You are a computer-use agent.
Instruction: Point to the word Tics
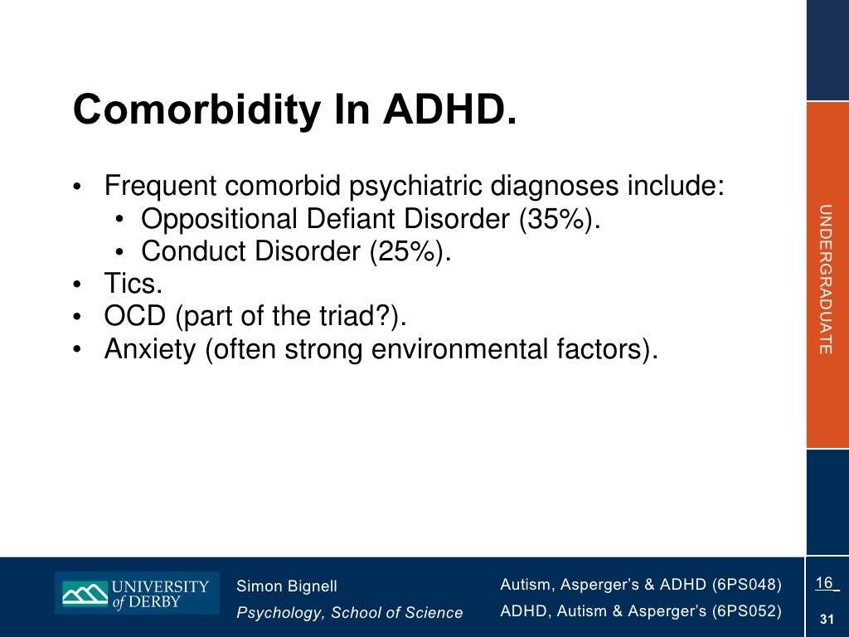pyautogui.click(x=133, y=284)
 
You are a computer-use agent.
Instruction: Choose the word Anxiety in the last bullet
pyautogui.click(x=149, y=349)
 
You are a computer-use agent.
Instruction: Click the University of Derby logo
pyautogui.click(x=137, y=593)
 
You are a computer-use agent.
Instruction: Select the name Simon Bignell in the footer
pyautogui.click(x=287, y=586)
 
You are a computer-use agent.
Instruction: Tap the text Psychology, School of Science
pyautogui.click(x=349, y=613)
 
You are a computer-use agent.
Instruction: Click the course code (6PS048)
pyautogui.click(x=746, y=585)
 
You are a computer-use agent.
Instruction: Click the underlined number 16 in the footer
pyautogui.click(x=824, y=583)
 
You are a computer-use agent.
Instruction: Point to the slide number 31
pyautogui.click(x=826, y=619)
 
